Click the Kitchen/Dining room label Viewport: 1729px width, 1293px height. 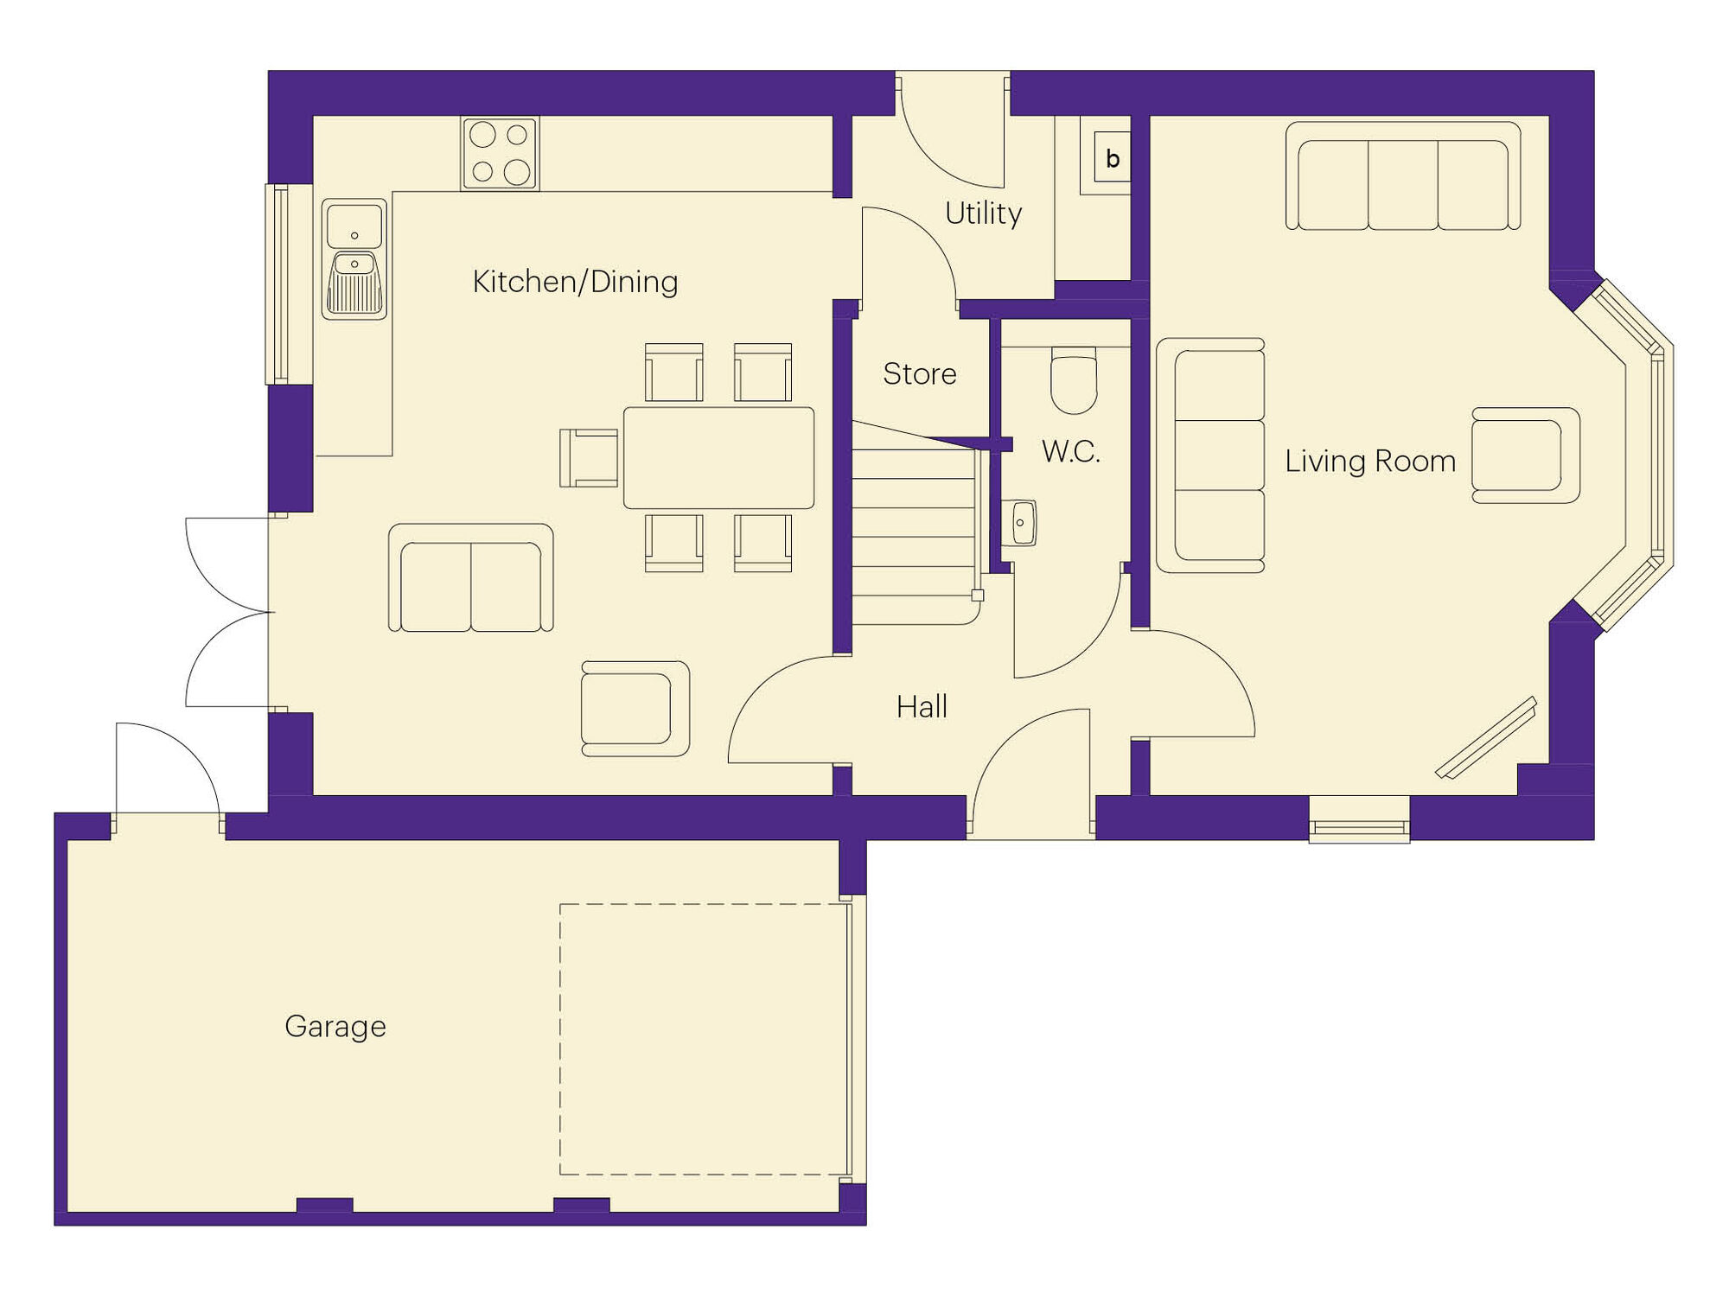575,282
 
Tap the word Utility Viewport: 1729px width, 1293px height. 983,213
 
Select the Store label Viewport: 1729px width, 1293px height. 919,374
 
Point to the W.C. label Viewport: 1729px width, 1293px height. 1070,451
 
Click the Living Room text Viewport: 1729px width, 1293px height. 1369,462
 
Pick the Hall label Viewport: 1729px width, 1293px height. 922,707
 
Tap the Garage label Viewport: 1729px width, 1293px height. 335,1027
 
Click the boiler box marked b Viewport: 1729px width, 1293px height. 1112,157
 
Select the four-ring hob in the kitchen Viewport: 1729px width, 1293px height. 500,153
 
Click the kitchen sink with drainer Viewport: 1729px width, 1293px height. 354,258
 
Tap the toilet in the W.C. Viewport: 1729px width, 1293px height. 1074,380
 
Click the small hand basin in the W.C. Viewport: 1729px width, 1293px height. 1021,523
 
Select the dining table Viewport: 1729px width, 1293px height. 718,457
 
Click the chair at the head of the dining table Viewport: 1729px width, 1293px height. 590,458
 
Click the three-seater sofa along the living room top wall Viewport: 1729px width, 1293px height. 1402,177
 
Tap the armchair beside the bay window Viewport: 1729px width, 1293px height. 1524,455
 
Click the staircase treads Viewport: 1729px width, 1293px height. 914,536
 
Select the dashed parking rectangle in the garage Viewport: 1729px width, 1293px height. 703,1038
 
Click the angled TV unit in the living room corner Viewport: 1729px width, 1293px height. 1487,738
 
